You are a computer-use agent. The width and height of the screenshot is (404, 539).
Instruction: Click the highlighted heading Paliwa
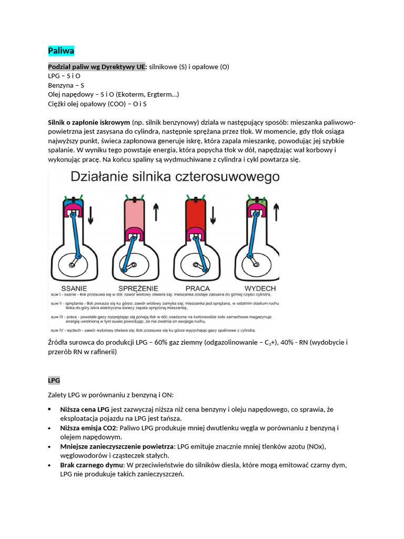coord(61,51)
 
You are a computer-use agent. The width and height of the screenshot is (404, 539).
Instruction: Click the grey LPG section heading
coord(54,380)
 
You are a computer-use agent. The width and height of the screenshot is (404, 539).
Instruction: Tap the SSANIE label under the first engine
coord(74,288)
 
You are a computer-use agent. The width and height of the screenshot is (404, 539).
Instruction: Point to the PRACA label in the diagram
coord(198,288)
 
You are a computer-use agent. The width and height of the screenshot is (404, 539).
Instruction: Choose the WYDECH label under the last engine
coord(260,288)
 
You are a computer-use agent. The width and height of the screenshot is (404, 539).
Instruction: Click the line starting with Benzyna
coord(66,85)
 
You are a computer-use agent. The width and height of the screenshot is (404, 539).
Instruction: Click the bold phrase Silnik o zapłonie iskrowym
coord(89,122)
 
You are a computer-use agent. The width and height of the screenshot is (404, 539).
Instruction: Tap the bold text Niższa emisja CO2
coord(90,428)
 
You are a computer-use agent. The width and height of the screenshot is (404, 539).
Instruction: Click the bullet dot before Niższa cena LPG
coord(49,409)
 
